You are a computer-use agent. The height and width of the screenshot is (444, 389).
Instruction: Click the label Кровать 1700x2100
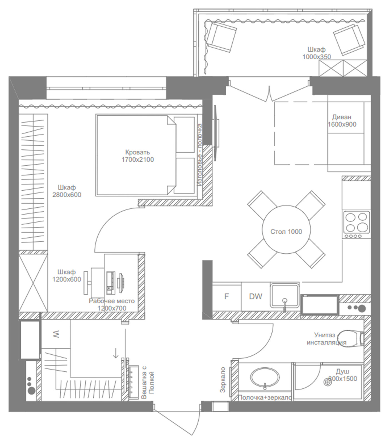coord(138,156)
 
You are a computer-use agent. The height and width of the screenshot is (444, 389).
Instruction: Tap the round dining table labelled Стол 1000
coord(286,229)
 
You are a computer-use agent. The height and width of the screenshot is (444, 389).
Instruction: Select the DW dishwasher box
coord(255,296)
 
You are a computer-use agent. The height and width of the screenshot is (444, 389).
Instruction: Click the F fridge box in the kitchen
coord(226,296)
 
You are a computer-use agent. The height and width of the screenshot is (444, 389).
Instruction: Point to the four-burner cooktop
coord(357,225)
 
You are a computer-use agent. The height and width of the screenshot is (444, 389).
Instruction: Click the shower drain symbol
coord(328,382)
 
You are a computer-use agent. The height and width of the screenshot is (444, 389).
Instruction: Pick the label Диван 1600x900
coord(342,121)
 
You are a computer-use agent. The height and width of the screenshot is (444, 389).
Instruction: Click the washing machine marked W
coord(56,334)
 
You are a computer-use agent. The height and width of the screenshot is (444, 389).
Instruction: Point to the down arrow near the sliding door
coord(116,353)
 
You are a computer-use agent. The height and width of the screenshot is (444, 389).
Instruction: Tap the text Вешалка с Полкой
coord(148,382)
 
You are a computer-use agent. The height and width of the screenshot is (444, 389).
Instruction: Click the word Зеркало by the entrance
coord(223,380)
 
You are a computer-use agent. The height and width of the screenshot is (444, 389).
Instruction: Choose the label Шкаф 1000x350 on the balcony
coord(317,53)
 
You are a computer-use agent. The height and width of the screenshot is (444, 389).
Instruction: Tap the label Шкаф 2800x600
coord(67,191)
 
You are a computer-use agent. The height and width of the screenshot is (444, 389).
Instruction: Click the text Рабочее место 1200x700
coord(112,304)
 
